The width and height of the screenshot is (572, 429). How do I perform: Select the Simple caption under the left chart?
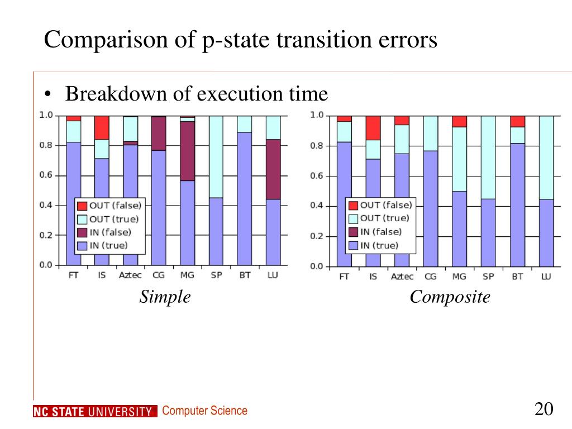(x=165, y=297)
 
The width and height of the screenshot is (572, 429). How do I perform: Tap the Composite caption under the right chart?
(x=450, y=297)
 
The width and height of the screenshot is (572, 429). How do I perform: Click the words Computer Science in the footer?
(x=204, y=411)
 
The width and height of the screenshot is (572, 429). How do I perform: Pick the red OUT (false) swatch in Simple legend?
(x=82, y=206)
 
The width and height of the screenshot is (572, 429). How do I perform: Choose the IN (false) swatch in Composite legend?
(x=353, y=232)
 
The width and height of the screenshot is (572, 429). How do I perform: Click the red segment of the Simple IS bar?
(x=102, y=127)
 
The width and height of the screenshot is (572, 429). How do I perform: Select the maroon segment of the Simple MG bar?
(x=188, y=151)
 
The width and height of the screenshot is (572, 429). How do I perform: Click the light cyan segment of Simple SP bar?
(x=216, y=156)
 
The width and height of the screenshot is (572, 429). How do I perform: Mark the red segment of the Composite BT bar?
(x=518, y=121)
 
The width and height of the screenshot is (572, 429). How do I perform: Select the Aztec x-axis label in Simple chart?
(x=130, y=275)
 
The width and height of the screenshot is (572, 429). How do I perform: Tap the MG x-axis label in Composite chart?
(x=459, y=277)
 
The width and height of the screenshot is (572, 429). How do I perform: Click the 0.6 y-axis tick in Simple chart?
(x=45, y=175)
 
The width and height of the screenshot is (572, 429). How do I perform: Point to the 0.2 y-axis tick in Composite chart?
(x=317, y=236)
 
